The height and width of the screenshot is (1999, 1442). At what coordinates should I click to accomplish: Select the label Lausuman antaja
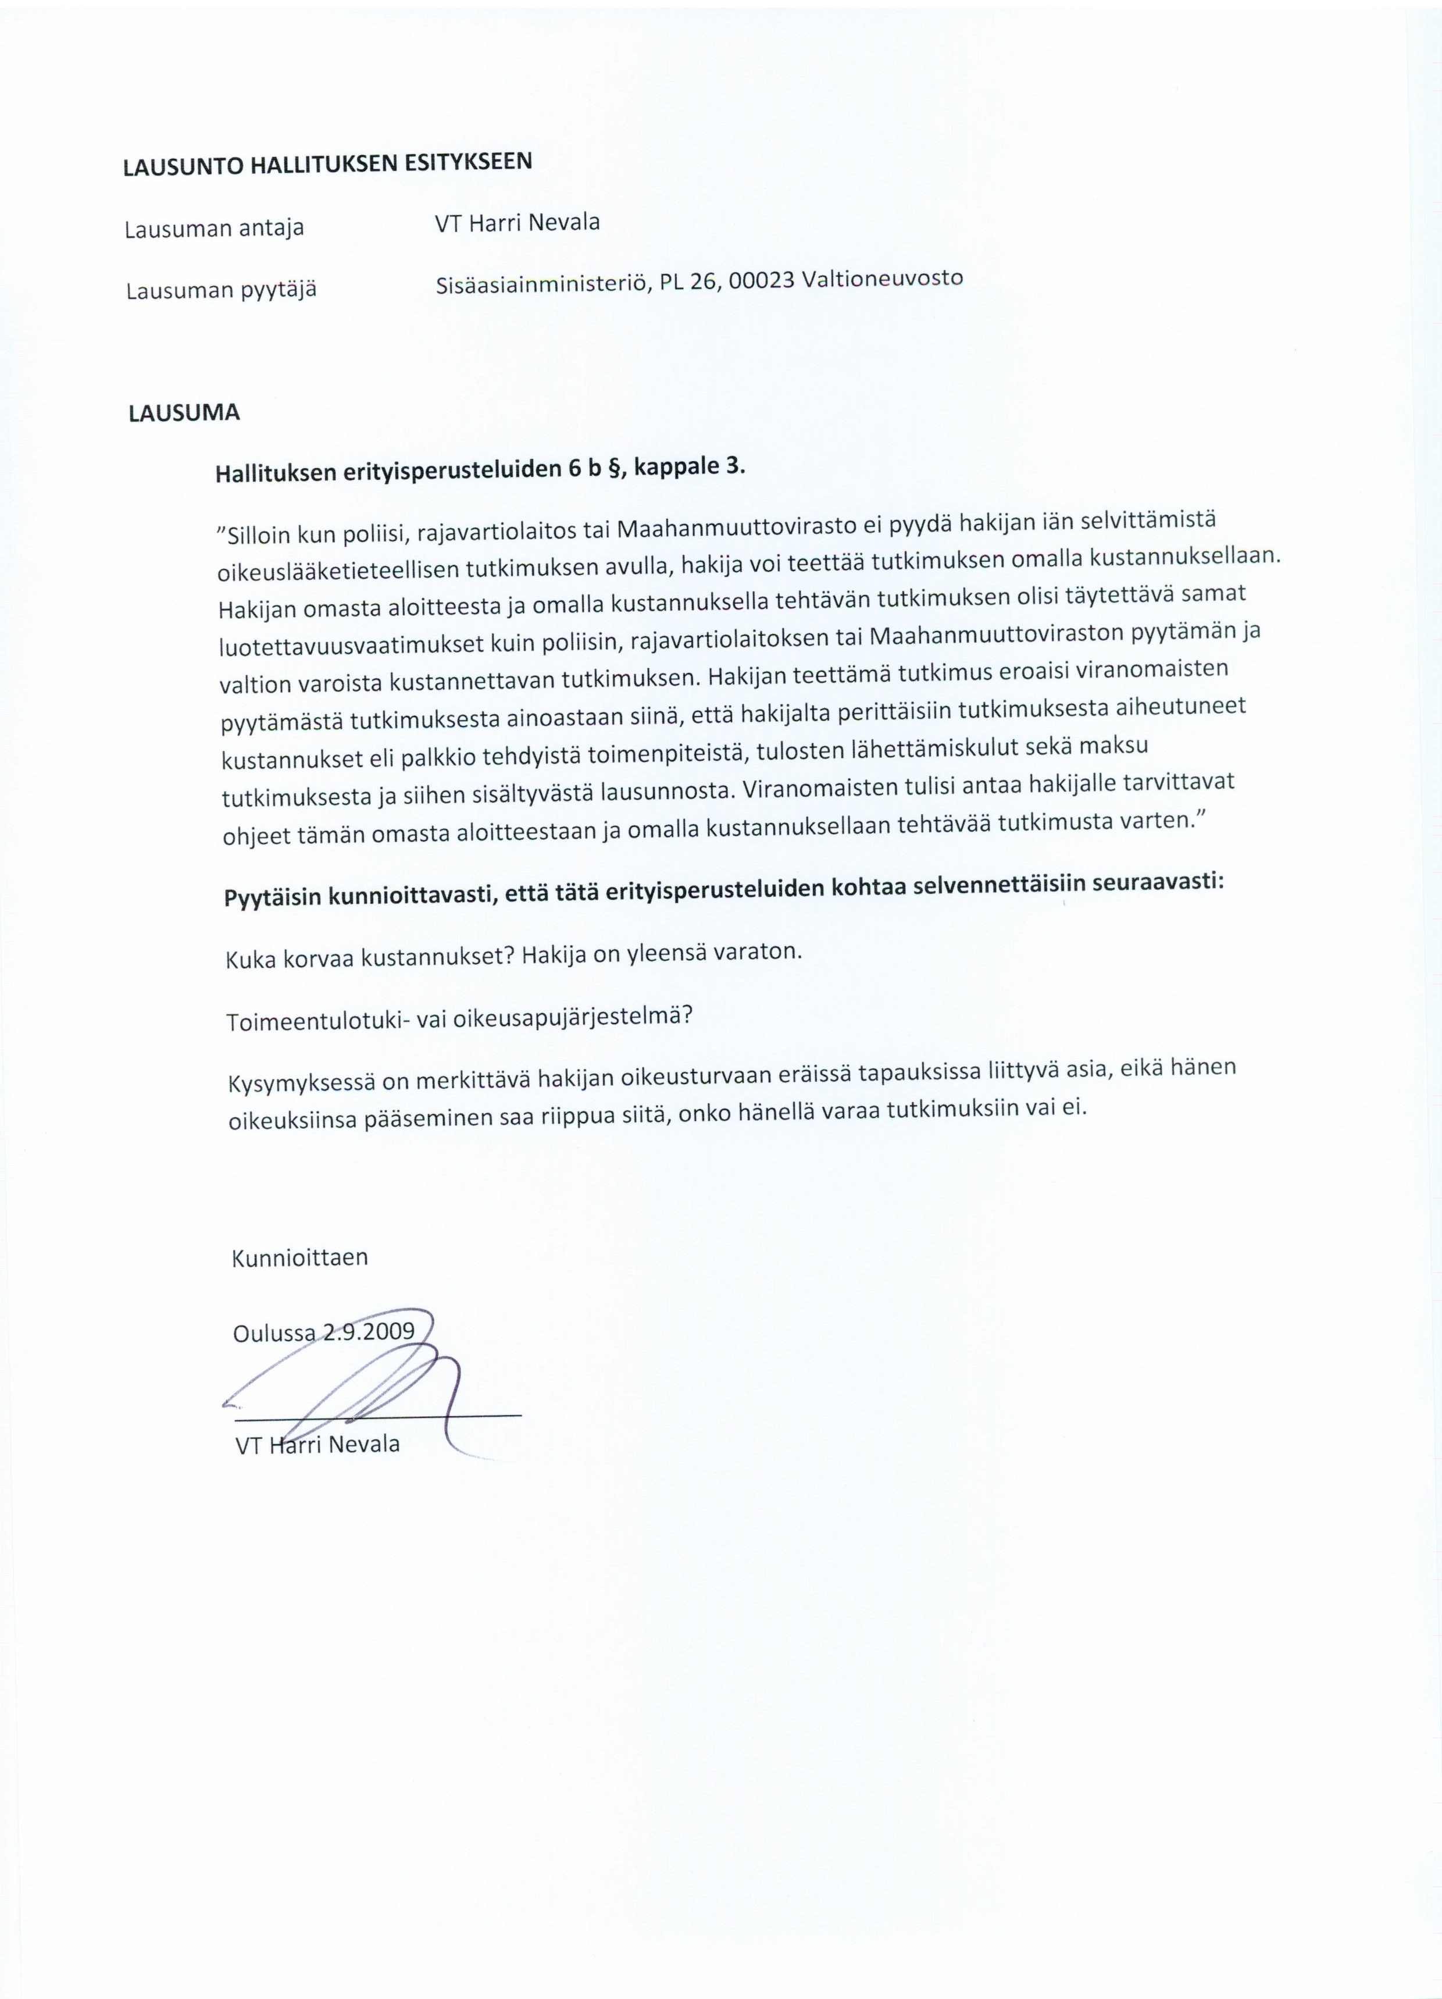pyautogui.click(x=214, y=228)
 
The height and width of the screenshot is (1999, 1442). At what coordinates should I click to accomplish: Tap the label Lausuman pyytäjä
pyautogui.click(x=220, y=290)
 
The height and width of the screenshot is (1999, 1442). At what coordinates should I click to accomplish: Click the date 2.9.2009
pyautogui.click(x=369, y=1331)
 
